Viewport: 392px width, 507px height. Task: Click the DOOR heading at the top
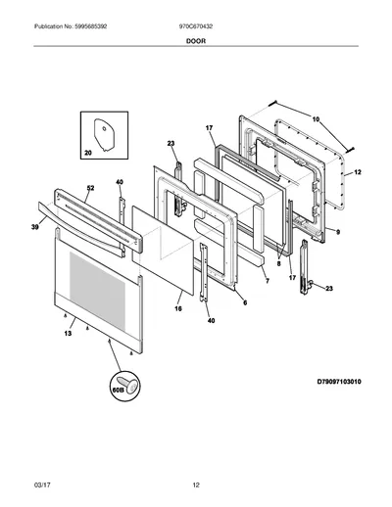196,41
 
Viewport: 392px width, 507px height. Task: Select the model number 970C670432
196,26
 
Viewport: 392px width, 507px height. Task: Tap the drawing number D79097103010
339,382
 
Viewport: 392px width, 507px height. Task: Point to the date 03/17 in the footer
42,485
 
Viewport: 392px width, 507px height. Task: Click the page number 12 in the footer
196,485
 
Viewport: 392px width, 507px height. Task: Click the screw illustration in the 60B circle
128,385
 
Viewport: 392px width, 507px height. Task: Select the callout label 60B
118,390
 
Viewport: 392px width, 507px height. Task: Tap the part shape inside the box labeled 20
105,135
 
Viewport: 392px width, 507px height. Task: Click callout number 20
88,153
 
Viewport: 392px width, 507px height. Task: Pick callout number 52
90,188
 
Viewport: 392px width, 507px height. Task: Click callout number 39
35,227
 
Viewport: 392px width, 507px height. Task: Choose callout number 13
68,334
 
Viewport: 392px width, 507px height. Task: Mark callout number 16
178,308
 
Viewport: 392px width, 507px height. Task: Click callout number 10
316,119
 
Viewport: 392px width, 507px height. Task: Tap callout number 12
358,172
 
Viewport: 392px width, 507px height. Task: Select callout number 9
338,232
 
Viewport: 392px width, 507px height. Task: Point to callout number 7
268,281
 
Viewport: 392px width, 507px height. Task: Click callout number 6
245,302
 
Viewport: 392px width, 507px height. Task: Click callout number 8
278,263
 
